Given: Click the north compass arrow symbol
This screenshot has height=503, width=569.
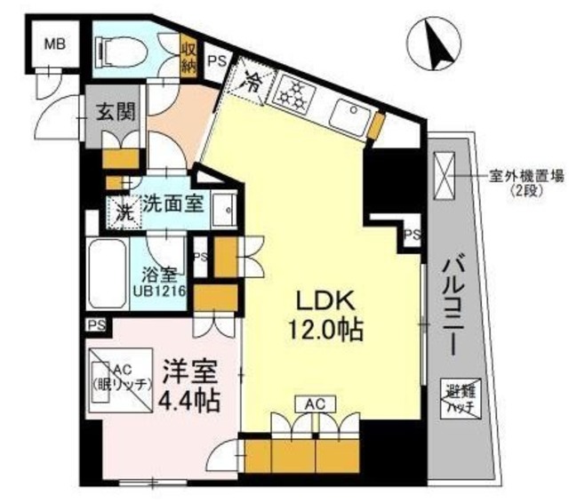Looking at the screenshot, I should coord(433,44).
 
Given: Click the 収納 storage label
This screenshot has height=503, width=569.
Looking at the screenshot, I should coord(188,55).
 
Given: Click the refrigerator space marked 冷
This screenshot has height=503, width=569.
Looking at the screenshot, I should coord(252,86).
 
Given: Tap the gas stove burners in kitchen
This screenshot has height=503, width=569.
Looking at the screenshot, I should coord(293,92).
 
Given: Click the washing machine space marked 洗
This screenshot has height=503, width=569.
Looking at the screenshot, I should coord(124,213).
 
